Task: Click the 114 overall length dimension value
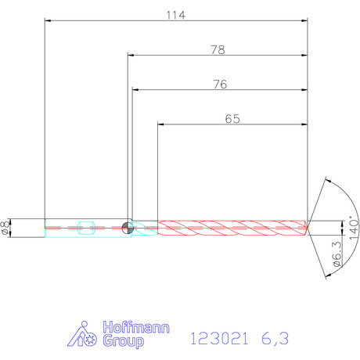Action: (176, 16)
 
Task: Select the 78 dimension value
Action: (218, 50)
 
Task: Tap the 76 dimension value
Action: (220, 85)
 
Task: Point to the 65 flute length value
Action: (232, 119)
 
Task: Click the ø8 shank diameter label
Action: (5, 228)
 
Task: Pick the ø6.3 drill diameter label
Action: (337, 254)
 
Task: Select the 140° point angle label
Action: (354, 228)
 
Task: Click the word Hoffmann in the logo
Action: (136, 327)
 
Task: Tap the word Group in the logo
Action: (123, 341)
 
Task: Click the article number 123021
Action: (219, 339)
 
